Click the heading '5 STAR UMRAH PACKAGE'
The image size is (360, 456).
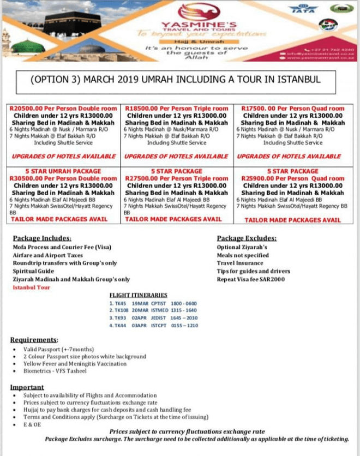63,171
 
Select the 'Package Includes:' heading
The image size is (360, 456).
42,238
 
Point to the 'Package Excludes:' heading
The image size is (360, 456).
247,238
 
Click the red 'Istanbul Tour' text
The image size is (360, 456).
31,287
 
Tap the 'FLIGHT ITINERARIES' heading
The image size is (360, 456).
139,295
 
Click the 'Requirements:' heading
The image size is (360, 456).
33,339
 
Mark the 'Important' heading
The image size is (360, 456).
27,387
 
